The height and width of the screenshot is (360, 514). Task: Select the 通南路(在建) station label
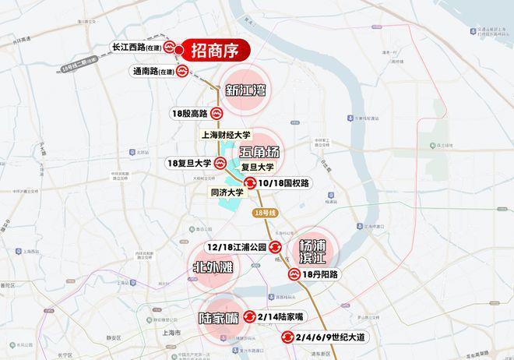[x=154, y=71]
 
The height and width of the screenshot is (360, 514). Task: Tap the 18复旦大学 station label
[x=189, y=164]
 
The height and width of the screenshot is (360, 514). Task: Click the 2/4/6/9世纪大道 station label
[x=332, y=338]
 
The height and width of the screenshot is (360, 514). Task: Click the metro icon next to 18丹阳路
[x=294, y=274]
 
